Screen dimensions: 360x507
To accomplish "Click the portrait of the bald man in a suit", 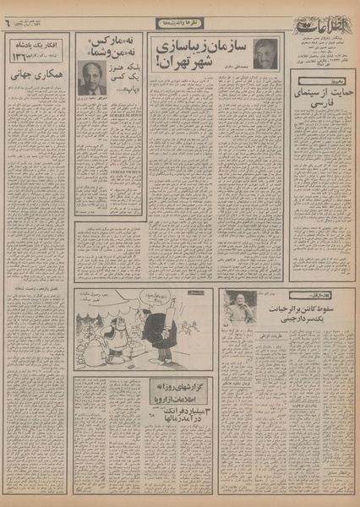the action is pos(88,77).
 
